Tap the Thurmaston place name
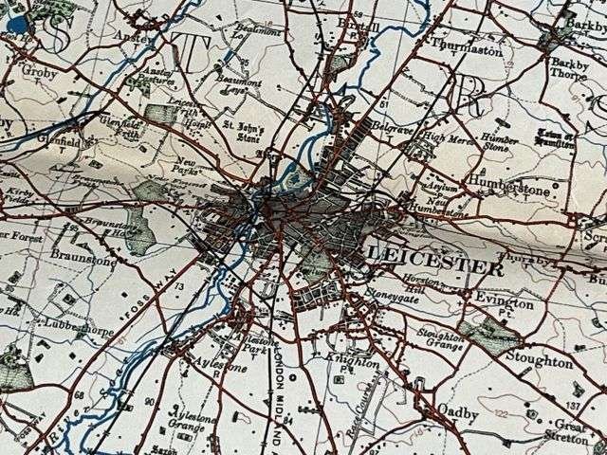coord(466,49)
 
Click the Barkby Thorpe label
coord(570,69)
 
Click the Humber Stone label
coord(500,142)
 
